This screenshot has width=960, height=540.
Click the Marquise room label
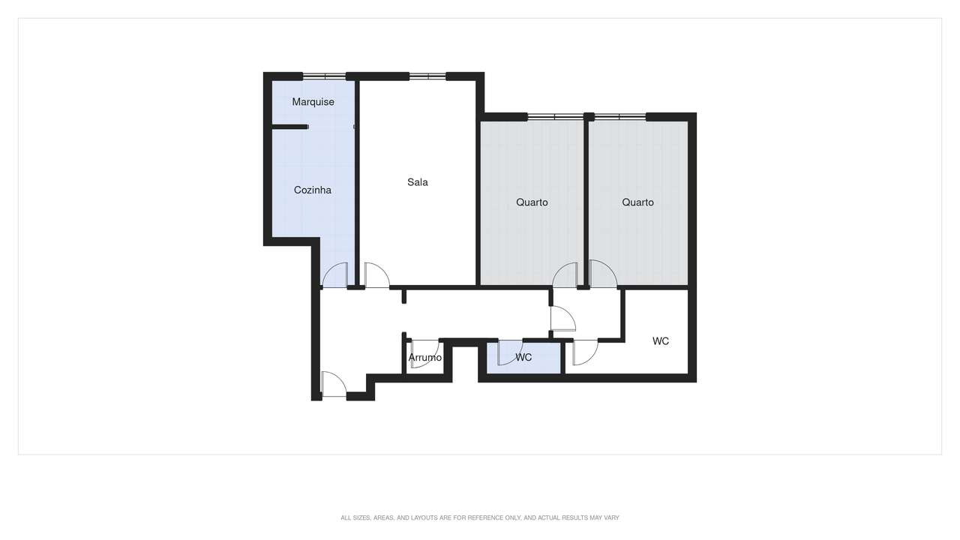(313, 102)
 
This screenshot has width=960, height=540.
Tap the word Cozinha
(312, 190)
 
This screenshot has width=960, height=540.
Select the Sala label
(418, 182)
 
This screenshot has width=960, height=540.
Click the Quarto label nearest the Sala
(532, 202)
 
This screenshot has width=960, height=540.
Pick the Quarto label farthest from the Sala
(637, 202)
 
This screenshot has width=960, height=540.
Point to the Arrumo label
(425, 358)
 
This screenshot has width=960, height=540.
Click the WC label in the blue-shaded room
(523, 358)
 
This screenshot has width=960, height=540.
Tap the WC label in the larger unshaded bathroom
(660, 341)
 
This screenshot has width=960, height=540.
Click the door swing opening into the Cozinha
(335, 275)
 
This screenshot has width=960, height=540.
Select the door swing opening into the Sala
(376, 275)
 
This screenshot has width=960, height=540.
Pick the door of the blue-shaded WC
(509, 352)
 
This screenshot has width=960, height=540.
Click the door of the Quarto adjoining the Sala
(565, 275)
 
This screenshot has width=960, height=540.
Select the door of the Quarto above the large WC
(602, 274)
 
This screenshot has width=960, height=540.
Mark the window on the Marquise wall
(324, 76)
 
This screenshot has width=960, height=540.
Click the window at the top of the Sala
(427, 76)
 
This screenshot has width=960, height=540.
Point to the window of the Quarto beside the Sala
(555, 116)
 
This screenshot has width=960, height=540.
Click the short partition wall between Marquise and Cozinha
(289, 127)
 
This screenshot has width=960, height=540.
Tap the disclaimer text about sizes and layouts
(480, 517)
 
